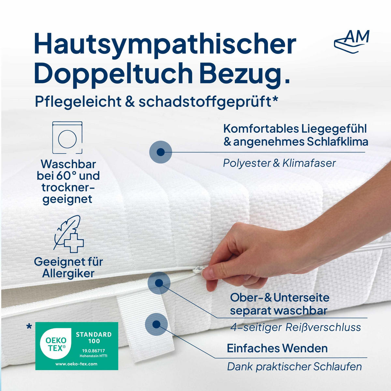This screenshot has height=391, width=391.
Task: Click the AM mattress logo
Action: coord(352,41)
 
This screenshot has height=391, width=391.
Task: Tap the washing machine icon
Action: coord(67,138)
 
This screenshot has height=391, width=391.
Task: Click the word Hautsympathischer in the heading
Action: coord(165,44)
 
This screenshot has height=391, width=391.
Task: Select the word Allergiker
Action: coord(68,274)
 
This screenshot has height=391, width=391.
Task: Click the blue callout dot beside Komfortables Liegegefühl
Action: coord(160,152)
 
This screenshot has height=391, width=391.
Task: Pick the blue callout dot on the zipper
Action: coord(159,283)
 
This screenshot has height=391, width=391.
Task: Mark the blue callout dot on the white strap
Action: coord(156,324)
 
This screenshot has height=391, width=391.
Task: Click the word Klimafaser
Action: coord(309,163)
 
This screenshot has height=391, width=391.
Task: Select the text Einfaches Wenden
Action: coord(277,348)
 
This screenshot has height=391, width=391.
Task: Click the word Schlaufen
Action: coord(337,367)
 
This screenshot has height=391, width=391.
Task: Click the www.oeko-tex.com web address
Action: coord(76,364)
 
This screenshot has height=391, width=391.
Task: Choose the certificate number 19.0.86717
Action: coord(94,351)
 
